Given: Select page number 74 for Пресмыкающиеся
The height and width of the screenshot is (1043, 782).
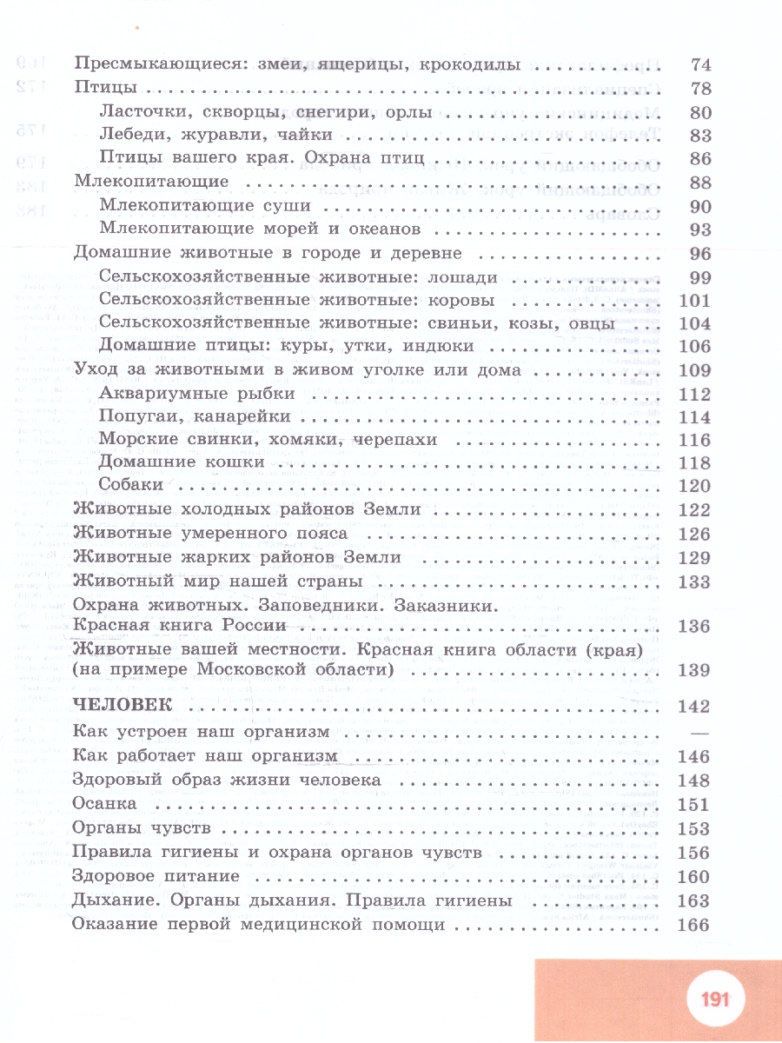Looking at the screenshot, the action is pyautogui.click(x=699, y=64).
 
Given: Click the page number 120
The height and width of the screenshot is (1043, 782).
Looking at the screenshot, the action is pyautogui.click(x=693, y=485).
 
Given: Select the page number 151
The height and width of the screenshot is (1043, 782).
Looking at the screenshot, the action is pyautogui.click(x=693, y=805).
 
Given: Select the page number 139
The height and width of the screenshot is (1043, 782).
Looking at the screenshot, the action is pyautogui.click(x=693, y=670).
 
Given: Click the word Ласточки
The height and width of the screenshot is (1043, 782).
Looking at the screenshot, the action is pyautogui.click(x=141, y=112).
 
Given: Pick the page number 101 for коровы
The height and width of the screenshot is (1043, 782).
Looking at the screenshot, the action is pyautogui.click(x=693, y=301).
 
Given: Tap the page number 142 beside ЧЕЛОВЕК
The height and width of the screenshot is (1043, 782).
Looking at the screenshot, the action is pyautogui.click(x=693, y=706).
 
